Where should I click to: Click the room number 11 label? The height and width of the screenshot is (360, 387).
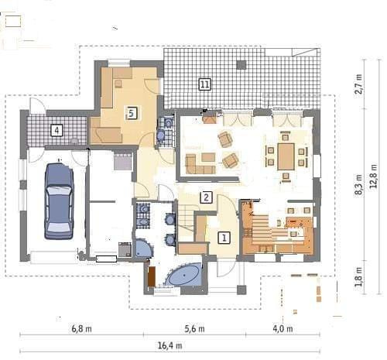pos(204,84)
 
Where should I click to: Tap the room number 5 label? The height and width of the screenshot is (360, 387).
pos(132,113)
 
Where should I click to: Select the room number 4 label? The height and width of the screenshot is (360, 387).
pos(57,130)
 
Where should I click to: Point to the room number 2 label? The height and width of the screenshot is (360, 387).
pos(206,197)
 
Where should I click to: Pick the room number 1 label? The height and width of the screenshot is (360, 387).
pos(224,238)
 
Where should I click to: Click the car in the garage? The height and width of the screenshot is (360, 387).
pos(59,201)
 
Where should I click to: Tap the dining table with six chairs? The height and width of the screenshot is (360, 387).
pos(286,156)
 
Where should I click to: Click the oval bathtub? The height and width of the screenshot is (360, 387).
pos(184,275)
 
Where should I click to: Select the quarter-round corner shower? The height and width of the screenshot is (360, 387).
pos(143,249)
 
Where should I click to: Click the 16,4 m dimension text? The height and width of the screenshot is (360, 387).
pos(170,345)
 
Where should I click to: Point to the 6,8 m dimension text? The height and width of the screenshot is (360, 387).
pos(81,329)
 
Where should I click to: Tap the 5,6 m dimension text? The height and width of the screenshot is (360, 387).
pos(194,329)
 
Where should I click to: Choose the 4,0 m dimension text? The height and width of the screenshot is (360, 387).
pos(283,329)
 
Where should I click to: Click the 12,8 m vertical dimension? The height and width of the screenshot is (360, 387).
pos(374,177)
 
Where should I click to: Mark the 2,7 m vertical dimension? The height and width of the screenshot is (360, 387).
pos(358,84)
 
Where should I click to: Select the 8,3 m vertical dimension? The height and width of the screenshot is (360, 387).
pos(358,184)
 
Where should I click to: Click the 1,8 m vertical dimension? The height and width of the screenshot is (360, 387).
pos(358,277)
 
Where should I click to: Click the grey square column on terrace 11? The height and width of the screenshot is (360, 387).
pos(241,65)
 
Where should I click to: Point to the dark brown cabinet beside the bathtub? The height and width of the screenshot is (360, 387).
pos(152,276)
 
